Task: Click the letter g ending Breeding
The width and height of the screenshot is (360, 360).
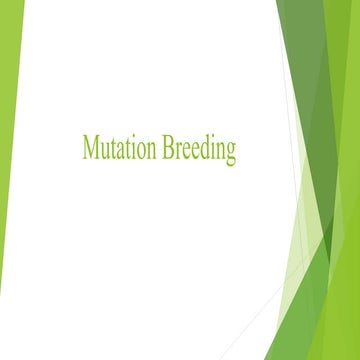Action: (x=231, y=153)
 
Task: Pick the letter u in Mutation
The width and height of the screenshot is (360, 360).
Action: (x=104, y=151)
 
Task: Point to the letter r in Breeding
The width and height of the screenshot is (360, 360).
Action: (x=178, y=151)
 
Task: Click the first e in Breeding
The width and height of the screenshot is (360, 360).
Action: (x=186, y=151)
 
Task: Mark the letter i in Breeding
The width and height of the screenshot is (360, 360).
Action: (x=213, y=149)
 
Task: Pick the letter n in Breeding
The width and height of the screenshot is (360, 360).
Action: (x=220, y=151)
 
